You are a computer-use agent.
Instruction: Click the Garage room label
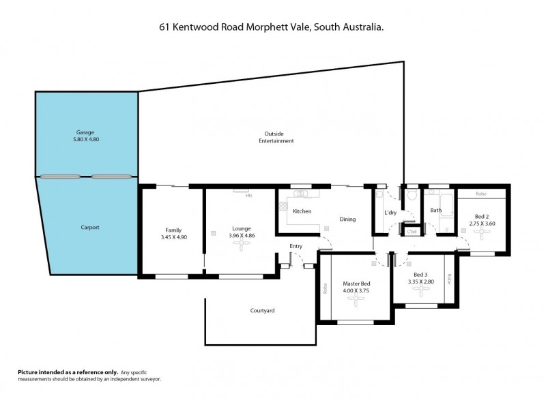(86, 132)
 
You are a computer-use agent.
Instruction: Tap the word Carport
(86, 227)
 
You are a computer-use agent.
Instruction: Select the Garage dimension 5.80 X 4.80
(86, 139)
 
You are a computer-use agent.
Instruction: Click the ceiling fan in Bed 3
(420, 290)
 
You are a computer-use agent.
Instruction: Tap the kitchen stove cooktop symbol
(283, 204)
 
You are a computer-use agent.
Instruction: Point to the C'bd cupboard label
(412, 232)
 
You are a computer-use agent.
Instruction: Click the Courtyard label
(262, 311)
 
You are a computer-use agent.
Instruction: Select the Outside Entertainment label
(276, 137)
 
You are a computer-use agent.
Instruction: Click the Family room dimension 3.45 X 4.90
(172, 237)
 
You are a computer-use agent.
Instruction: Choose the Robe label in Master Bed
(325, 288)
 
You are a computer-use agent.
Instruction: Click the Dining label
(347, 219)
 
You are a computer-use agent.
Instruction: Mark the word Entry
(296, 247)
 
